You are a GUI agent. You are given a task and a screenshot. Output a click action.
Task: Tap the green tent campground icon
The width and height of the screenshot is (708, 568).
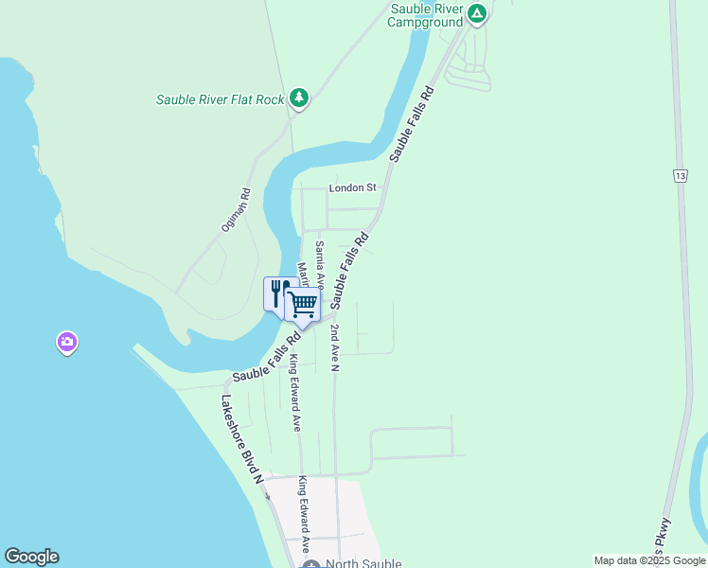(x=477, y=13)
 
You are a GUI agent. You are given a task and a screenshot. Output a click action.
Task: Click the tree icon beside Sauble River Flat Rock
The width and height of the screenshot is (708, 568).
(x=299, y=98)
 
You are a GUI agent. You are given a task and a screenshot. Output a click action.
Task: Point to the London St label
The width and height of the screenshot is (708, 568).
(x=352, y=187)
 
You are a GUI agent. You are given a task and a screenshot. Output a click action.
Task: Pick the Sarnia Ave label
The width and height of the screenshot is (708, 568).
(x=320, y=265)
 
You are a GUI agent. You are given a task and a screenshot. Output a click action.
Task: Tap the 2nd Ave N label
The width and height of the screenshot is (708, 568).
(x=334, y=346)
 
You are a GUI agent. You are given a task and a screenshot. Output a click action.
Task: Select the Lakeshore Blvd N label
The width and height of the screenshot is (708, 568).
(x=241, y=438)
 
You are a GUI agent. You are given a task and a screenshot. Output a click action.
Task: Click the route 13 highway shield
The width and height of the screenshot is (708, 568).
(x=680, y=176)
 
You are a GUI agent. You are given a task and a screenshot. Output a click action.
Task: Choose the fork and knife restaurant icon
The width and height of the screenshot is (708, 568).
(x=278, y=293)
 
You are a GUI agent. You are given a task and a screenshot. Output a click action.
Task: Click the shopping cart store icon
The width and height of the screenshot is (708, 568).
(x=302, y=305)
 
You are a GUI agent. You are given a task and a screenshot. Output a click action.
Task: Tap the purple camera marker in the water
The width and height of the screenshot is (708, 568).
(x=66, y=342)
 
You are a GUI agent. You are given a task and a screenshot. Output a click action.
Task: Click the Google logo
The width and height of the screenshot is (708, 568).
(x=31, y=557)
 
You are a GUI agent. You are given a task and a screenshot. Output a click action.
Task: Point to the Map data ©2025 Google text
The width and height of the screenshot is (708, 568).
(x=650, y=560)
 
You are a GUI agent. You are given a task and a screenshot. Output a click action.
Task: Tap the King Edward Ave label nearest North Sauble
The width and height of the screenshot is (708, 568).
(x=305, y=514)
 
